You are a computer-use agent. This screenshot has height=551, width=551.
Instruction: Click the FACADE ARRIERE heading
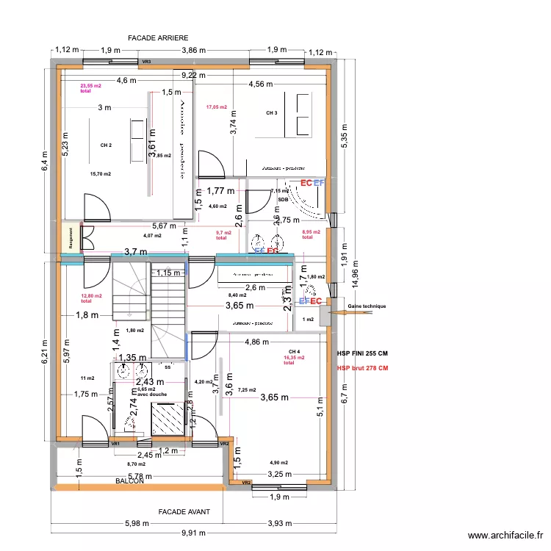[x=158, y=37]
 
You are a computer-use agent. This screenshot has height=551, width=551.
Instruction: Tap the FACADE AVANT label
[x=184, y=511]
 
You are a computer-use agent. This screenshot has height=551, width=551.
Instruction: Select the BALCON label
[x=130, y=480]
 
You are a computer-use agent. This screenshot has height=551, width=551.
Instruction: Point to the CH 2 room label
[x=107, y=145]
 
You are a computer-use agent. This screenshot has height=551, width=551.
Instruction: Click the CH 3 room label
[x=272, y=113]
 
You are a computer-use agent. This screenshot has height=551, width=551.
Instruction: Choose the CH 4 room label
[x=294, y=351]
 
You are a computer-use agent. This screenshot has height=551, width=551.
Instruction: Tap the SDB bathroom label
[x=283, y=199]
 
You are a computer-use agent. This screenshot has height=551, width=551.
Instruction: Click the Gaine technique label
[x=367, y=306]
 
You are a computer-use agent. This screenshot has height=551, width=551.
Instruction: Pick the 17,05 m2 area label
[x=217, y=107]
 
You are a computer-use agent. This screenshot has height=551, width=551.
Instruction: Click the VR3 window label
[x=145, y=62]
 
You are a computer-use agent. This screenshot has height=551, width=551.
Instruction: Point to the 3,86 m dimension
[x=194, y=49]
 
